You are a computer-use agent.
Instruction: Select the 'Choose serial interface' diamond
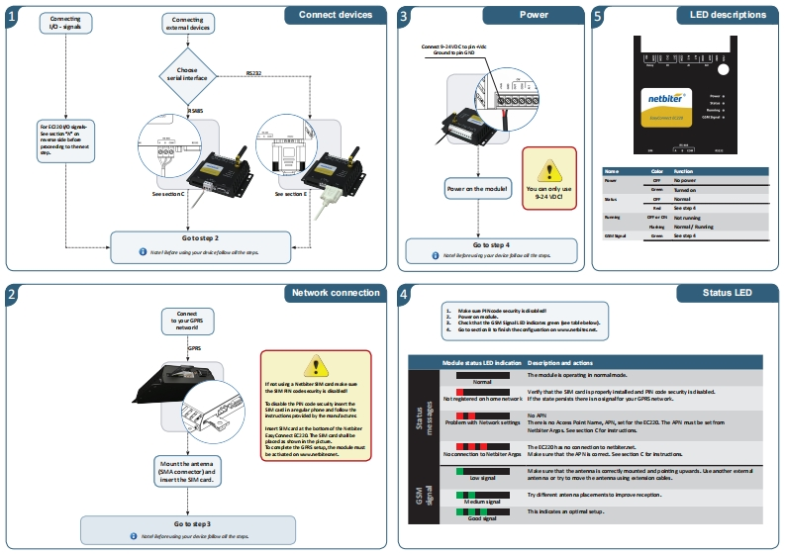[x=187, y=73]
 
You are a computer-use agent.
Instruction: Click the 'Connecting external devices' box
[x=187, y=24]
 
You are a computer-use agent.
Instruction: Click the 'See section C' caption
[x=168, y=195]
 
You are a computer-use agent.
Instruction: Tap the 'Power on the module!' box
[x=476, y=188]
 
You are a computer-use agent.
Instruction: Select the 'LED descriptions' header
[x=720, y=15]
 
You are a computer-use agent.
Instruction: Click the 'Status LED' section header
[x=727, y=293]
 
